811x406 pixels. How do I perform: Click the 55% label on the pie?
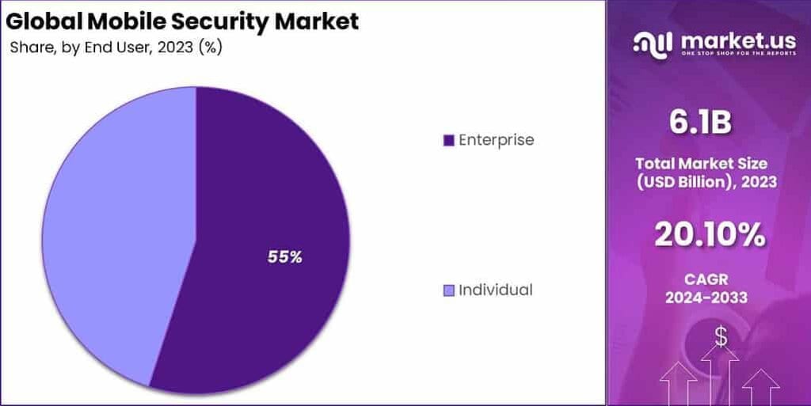point(284,256)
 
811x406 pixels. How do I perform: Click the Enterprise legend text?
point(497,140)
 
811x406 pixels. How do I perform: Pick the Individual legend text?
point(496,290)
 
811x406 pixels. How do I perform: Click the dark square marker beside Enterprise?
point(448,141)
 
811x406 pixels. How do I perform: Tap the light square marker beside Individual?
point(448,290)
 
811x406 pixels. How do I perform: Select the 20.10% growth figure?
point(710,234)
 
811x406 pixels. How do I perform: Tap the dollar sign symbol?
point(721,336)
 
